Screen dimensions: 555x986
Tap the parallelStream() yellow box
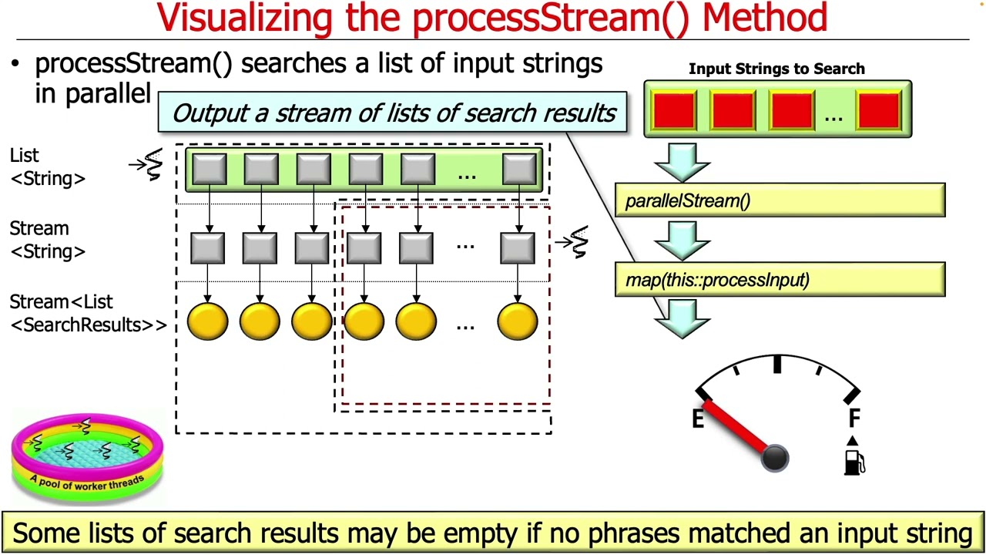point(780,200)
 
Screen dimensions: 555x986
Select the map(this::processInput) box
point(780,279)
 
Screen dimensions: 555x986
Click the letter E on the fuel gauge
point(698,419)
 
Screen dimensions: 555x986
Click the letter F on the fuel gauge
point(854,419)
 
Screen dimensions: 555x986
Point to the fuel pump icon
point(854,461)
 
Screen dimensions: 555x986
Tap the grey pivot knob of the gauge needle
point(774,458)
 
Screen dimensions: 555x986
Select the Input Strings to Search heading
point(776,69)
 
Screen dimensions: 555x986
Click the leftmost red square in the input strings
point(675,109)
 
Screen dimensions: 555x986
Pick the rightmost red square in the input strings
point(878,109)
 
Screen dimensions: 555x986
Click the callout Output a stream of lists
point(393,113)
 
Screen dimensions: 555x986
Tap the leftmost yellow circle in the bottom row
point(208,321)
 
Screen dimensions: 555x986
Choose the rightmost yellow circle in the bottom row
point(518,321)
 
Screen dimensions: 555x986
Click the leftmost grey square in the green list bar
point(209,170)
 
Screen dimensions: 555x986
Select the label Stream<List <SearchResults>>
point(87,314)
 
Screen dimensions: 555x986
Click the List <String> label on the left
point(47,167)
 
